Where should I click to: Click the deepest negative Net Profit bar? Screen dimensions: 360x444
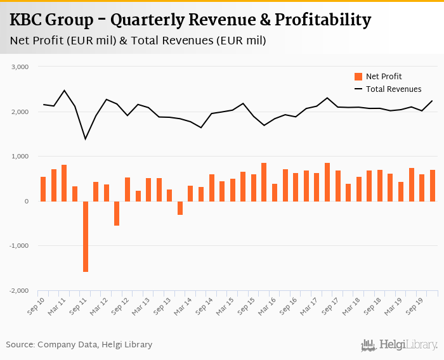(86, 236)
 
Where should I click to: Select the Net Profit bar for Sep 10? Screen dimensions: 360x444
(43, 189)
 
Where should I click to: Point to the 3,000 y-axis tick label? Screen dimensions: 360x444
(21, 67)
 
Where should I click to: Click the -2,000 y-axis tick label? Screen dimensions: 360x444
(20, 291)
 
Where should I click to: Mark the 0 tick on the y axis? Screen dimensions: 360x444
(25, 202)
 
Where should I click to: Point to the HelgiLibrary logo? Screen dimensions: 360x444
(400, 345)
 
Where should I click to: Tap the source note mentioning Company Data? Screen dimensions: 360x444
(79, 345)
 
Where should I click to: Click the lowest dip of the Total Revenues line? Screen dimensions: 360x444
(86, 139)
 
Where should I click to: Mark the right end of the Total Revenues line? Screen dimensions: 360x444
(433, 101)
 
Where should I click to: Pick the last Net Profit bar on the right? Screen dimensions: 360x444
(433, 186)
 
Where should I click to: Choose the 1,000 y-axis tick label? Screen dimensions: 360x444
(21, 157)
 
